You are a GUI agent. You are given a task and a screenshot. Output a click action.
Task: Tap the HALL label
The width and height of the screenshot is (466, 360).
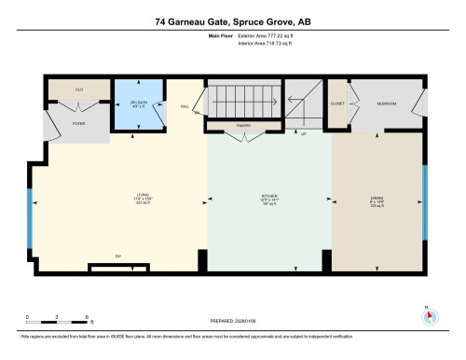point(185,106)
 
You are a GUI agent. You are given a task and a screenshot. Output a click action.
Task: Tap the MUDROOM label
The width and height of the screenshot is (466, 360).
point(387,103)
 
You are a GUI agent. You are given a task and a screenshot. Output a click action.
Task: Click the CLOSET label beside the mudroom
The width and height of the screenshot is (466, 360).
point(337,103)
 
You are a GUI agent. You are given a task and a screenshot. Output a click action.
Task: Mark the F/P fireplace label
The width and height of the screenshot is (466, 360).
point(117,256)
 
